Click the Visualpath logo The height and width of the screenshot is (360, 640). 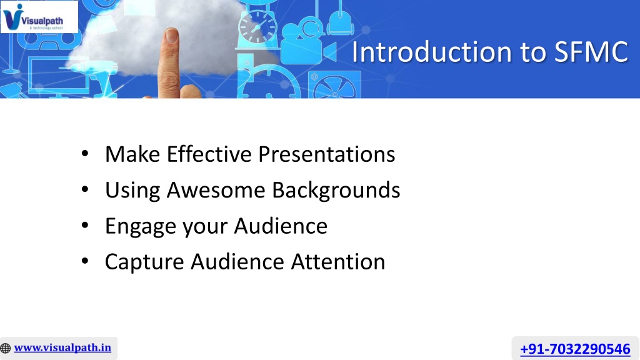coord(39,17)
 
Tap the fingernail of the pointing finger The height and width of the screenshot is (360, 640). coord(172,35)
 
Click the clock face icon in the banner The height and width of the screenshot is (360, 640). coord(257,27)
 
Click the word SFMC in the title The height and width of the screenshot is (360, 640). coord(591,52)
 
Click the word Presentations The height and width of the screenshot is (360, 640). coord(326,154)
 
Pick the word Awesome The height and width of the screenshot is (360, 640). coord(216,190)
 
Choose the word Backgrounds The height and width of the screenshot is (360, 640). coord(336,191)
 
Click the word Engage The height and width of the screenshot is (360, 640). coord(141,226)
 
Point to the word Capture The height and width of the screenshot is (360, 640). coord(144,262)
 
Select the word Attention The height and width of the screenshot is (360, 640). coord(338,262)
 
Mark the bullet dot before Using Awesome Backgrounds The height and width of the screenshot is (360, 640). coord(85,189)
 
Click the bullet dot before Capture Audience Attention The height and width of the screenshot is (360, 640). coord(85,261)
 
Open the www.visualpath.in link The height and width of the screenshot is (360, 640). coord(62,347)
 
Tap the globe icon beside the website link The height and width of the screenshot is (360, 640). coord(5,348)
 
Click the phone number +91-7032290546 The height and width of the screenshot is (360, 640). coord(575,349)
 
